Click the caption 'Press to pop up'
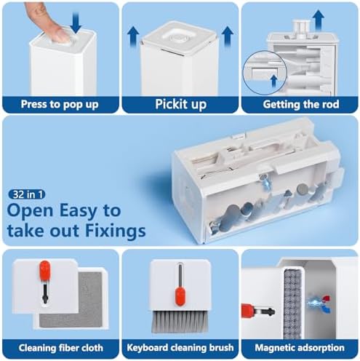click(x=60, y=104)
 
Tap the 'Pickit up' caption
click(x=181, y=104)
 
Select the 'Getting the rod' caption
click(x=301, y=104)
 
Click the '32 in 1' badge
click(x=27, y=194)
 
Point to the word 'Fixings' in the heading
click(x=116, y=231)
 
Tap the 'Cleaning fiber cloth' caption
click(x=61, y=348)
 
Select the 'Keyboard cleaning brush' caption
click(x=180, y=347)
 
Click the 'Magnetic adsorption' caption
click(x=300, y=348)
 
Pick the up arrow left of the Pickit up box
click(x=133, y=36)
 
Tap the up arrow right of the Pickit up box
click(x=228, y=36)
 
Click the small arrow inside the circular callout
click(x=274, y=81)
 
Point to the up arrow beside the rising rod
click(x=318, y=20)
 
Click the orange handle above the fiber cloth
click(x=45, y=271)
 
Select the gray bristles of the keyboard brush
click(x=180, y=322)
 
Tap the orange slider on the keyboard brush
click(x=180, y=296)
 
